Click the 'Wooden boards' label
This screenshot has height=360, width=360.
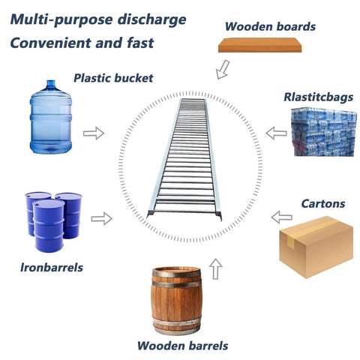pyautogui.click(x=270, y=26)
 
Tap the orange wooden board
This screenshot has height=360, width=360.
pyautogui.click(x=259, y=45)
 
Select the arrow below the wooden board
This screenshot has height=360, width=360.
pyautogui.click(x=223, y=70)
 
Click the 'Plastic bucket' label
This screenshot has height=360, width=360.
pyautogui.click(x=113, y=78)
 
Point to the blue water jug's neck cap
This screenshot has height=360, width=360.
pyautogui.click(x=51, y=84)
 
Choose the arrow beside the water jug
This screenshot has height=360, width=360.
pyautogui.click(x=94, y=133)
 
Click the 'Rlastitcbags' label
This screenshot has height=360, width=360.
pyautogui.click(x=319, y=97)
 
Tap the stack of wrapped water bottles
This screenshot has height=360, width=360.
pyautogui.click(x=324, y=132)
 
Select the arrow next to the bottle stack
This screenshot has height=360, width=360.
pyautogui.click(x=276, y=133)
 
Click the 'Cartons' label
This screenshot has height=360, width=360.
pyautogui.click(x=323, y=203)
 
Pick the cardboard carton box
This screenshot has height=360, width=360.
pyautogui.click(x=316, y=247)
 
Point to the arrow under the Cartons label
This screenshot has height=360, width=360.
pyautogui.click(x=282, y=217)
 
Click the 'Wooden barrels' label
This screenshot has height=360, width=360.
pyautogui.click(x=182, y=346)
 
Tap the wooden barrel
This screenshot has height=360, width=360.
pyautogui.click(x=176, y=301)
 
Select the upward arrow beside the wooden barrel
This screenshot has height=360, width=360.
pyautogui.click(x=216, y=268)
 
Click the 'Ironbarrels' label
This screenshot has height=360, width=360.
pyautogui.click(x=52, y=268)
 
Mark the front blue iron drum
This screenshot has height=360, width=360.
pyautogui.click(x=49, y=226)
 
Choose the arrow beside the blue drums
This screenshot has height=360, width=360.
pyautogui.click(x=102, y=219)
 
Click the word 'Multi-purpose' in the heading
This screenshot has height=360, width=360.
pyautogui.click(x=62, y=19)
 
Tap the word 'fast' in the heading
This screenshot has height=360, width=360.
pyautogui.click(x=140, y=43)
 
